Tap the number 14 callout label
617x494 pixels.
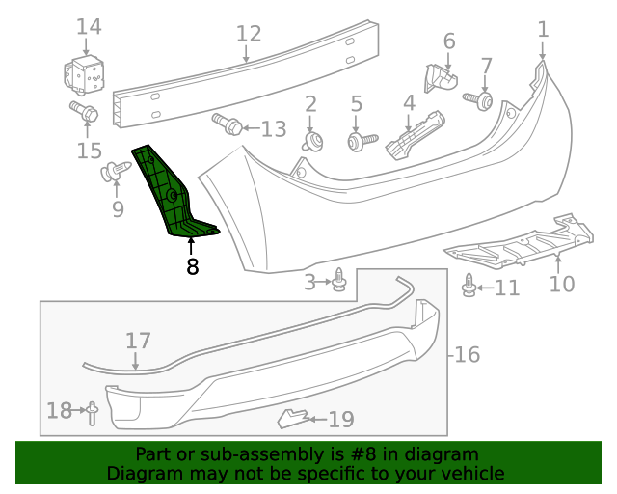88,26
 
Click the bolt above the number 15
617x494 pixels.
83,113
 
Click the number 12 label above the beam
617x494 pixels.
249,34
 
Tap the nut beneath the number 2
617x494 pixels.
311,142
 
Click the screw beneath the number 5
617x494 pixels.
356,142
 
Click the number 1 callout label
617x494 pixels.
543,29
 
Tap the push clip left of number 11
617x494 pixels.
469,287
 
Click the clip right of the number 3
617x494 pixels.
339,281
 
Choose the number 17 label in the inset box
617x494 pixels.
138,341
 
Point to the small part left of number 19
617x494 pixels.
293,418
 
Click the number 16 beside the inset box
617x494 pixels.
466,354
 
